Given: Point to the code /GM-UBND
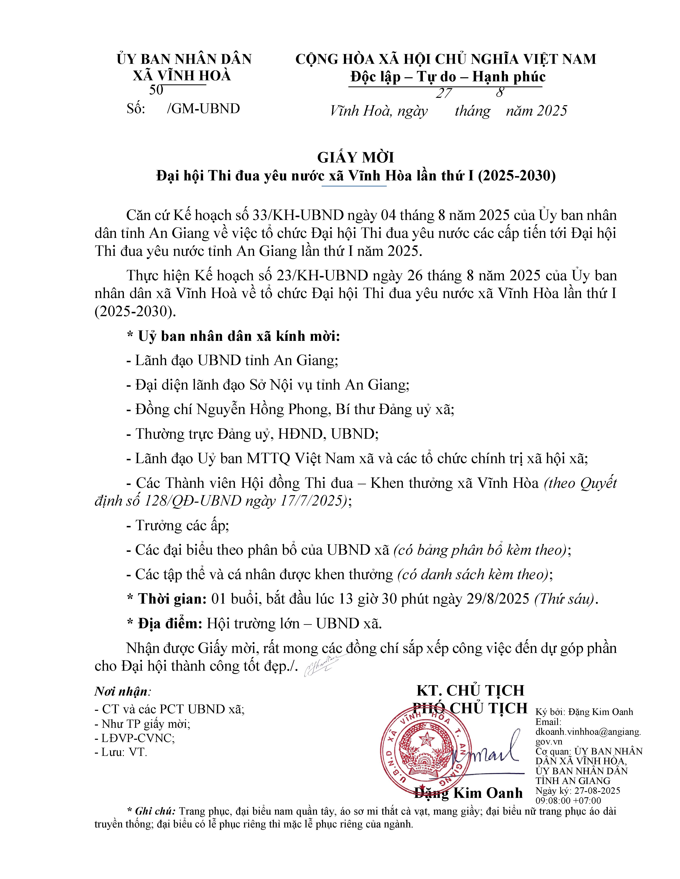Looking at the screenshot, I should coord(203,109).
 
